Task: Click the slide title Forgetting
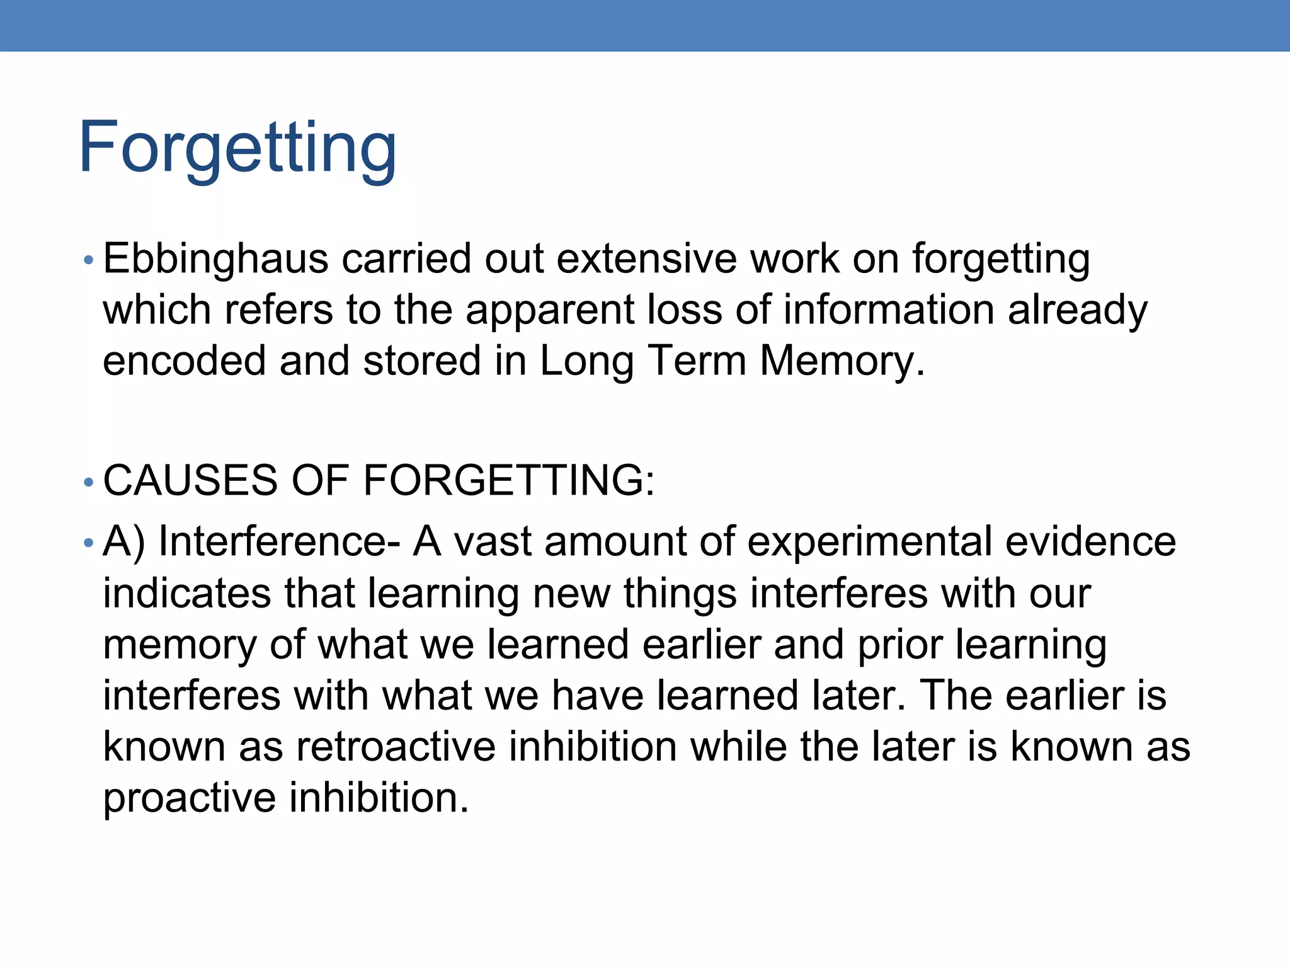click(237, 148)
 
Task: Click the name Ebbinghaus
click(215, 259)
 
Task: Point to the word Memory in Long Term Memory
click(842, 361)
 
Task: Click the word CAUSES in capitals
click(190, 480)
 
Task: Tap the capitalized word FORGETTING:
click(509, 480)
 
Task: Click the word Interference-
click(279, 542)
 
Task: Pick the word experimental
click(869, 542)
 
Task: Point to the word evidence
click(1090, 542)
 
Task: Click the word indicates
click(186, 594)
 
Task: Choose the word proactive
click(189, 798)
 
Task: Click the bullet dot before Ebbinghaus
click(88, 260)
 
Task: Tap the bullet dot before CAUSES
click(88, 483)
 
